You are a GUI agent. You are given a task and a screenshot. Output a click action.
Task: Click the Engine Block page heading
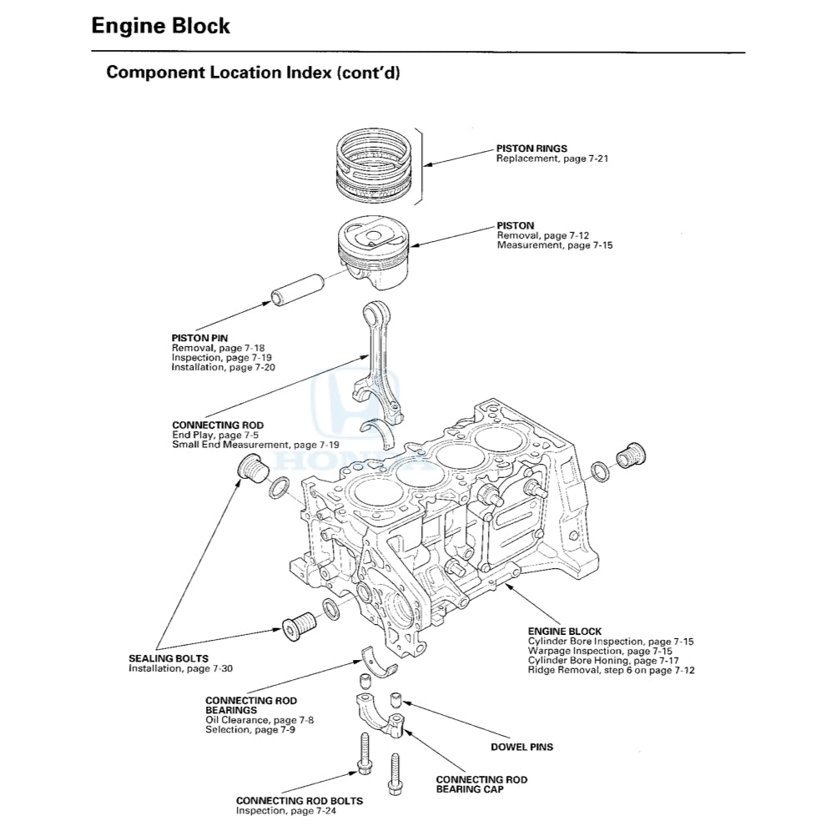(160, 26)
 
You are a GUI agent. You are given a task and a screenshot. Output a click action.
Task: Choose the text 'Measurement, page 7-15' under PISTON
(554, 246)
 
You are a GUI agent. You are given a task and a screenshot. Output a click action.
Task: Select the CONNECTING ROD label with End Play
(217, 426)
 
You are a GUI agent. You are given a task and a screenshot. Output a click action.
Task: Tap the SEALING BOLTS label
(168, 658)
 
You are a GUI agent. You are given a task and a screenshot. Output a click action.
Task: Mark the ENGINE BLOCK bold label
(564, 632)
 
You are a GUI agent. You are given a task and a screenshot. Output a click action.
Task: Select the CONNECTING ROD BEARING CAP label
(481, 784)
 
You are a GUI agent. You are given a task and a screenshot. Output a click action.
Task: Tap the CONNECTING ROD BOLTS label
(299, 801)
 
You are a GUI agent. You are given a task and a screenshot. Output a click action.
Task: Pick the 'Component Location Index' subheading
(253, 73)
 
